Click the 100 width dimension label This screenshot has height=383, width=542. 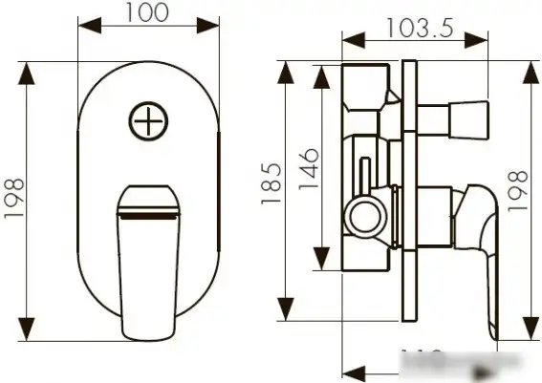pos(146,12)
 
